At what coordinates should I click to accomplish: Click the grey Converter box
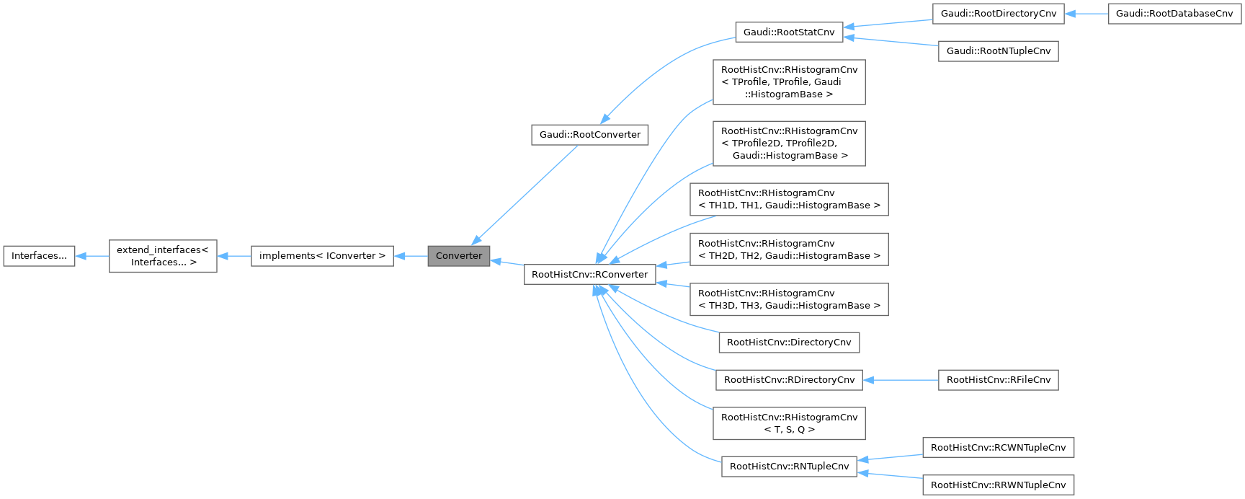[x=459, y=256]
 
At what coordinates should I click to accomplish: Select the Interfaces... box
[x=39, y=256]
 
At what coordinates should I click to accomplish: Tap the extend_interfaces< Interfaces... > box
[x=163, y=256]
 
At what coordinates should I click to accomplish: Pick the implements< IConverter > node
[x=322, y=256]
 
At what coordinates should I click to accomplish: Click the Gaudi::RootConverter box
[x=589, y=135]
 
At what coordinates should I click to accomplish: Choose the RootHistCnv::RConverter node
[x=589, y=275]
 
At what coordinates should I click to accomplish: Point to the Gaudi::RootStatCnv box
[x=789, y=32]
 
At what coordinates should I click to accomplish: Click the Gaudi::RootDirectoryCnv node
[x=998, y=14]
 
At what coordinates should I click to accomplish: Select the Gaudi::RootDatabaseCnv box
[x=1174, y=14]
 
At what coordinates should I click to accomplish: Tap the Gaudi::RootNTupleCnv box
[x=998, y=51]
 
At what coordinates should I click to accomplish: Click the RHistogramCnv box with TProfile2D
[x=789, y=143]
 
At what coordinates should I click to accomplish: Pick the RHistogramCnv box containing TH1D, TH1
[x=789, y=199]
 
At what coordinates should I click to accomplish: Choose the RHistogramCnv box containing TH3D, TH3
[x=789, y=299]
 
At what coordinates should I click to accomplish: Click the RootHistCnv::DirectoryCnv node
[x=789, y=342]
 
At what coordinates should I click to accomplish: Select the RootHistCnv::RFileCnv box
[x=998, y=380]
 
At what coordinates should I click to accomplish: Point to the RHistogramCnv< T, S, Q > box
[x=789, y=423]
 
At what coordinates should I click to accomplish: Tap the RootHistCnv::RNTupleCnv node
[x=789, y=467]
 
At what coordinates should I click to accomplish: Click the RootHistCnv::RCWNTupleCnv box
[x=998, y=448]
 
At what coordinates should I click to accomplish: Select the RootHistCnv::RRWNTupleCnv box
[x=998, y=485]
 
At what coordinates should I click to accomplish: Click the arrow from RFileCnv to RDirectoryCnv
[x=901, y=380]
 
